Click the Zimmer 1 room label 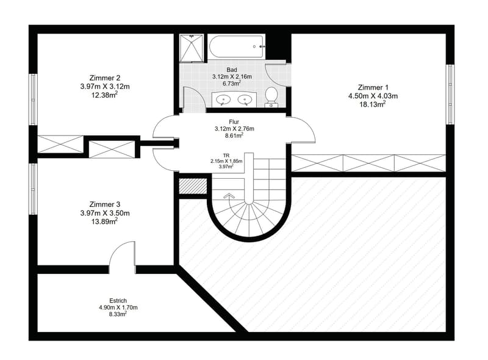[x=373, y=87]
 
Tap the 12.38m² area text [x=104, y=95]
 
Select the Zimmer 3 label [x=104, y=204]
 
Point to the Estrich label [x=118, y=301]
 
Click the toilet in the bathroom [x=271, y=97]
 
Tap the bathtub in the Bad [x=237, y=47]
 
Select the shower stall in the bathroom [x=192, y=47]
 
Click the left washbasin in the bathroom [x=223, y=99]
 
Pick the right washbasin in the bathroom [x=245, y=99]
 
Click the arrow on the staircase [x=229, y=196]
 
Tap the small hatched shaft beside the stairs [x=193, y=186]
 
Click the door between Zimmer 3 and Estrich [x=122, y=257]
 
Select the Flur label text [x=234, y=122]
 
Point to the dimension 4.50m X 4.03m [x=373, y=96]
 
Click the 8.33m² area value [x=117, y=314]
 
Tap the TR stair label [x=226, y=156]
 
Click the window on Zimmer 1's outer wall [x=450, y=95]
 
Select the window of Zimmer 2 [x=33, y=99]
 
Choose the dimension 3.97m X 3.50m [x=104, y=214]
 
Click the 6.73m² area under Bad [x=232, y=83]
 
